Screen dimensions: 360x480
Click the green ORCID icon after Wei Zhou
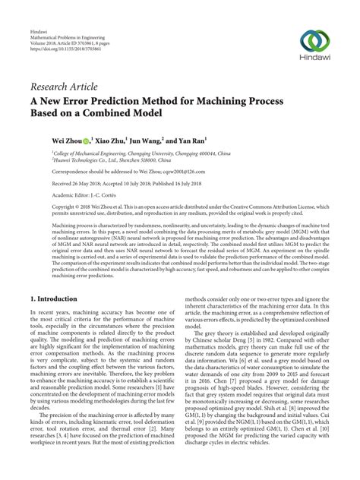(86, 141)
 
